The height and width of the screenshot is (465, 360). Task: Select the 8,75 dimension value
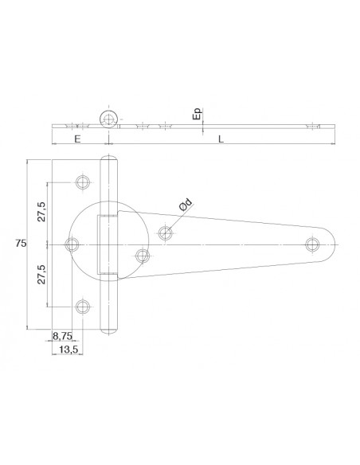point(62,337)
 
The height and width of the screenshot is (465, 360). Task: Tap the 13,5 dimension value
point(69,350)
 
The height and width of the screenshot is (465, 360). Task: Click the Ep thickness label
point(197,115)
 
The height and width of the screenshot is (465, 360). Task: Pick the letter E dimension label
point(76,139)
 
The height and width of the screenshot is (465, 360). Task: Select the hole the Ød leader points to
point(166,233)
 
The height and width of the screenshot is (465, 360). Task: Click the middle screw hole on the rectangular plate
point(72,244)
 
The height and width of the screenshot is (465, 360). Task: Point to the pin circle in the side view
point(108,119)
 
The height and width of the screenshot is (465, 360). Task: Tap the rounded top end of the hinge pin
point(109,160)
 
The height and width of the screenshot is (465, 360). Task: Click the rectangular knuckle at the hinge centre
point(108,244)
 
